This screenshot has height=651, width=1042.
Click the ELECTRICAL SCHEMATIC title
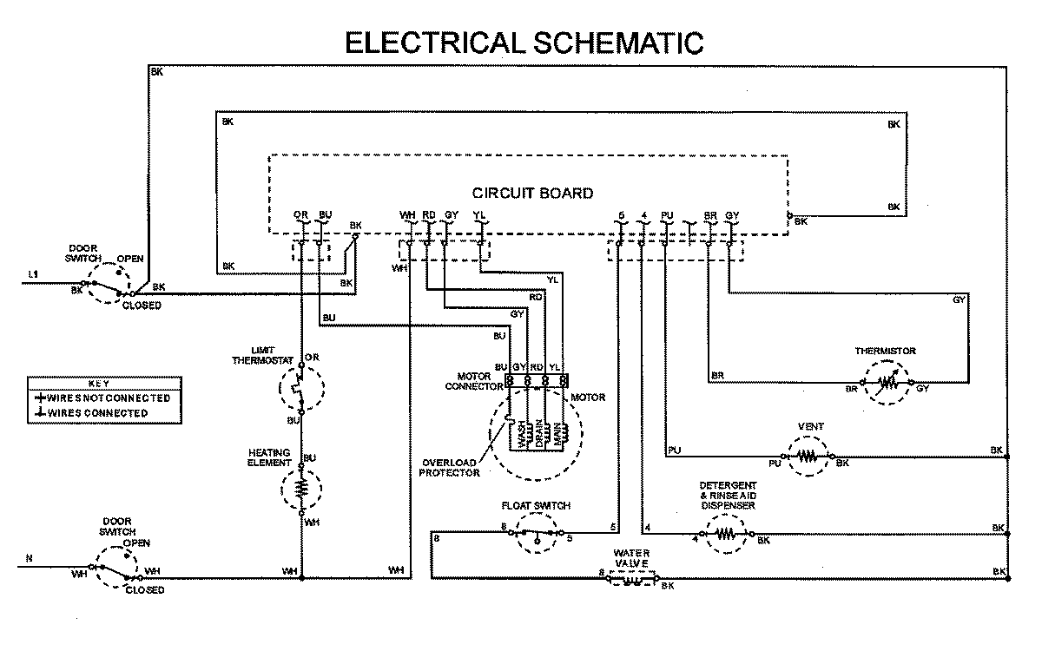click(x=524, y=43)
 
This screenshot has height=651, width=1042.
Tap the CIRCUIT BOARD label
click(x=532, y=193)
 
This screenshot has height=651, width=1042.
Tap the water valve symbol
click(x=631, y=579)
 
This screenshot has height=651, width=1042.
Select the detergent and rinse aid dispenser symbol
click(x=728, y=533)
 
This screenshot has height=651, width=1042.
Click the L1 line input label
click(x=33, y=275)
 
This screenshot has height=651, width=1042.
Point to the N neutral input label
click(x=29, y=559)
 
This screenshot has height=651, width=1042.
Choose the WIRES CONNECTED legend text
click(x=97, y=413)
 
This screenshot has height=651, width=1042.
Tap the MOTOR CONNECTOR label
click(x=474, y=382)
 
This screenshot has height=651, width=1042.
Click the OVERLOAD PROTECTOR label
click(x=449, y=467)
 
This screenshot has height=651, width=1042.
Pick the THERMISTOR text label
click(x=886, y=351)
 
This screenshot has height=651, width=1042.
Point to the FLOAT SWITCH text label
click(x=535, y=505)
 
